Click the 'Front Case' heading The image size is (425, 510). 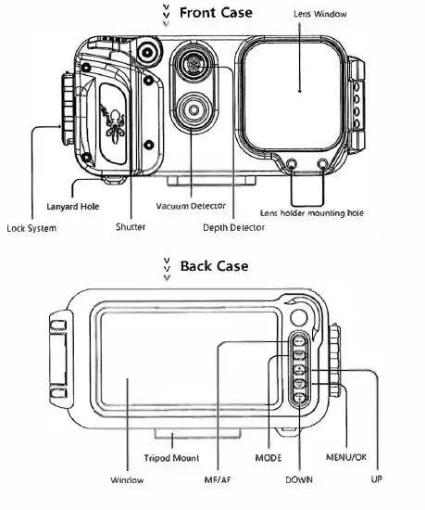coord(215,13)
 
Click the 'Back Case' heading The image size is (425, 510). coord(214,266)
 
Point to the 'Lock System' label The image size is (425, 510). coord(30,227)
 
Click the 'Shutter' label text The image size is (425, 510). coord(131,227)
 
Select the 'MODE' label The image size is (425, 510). coord(269,458)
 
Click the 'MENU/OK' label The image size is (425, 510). coord(345,458)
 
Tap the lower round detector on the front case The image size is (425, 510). coord(193,110)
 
